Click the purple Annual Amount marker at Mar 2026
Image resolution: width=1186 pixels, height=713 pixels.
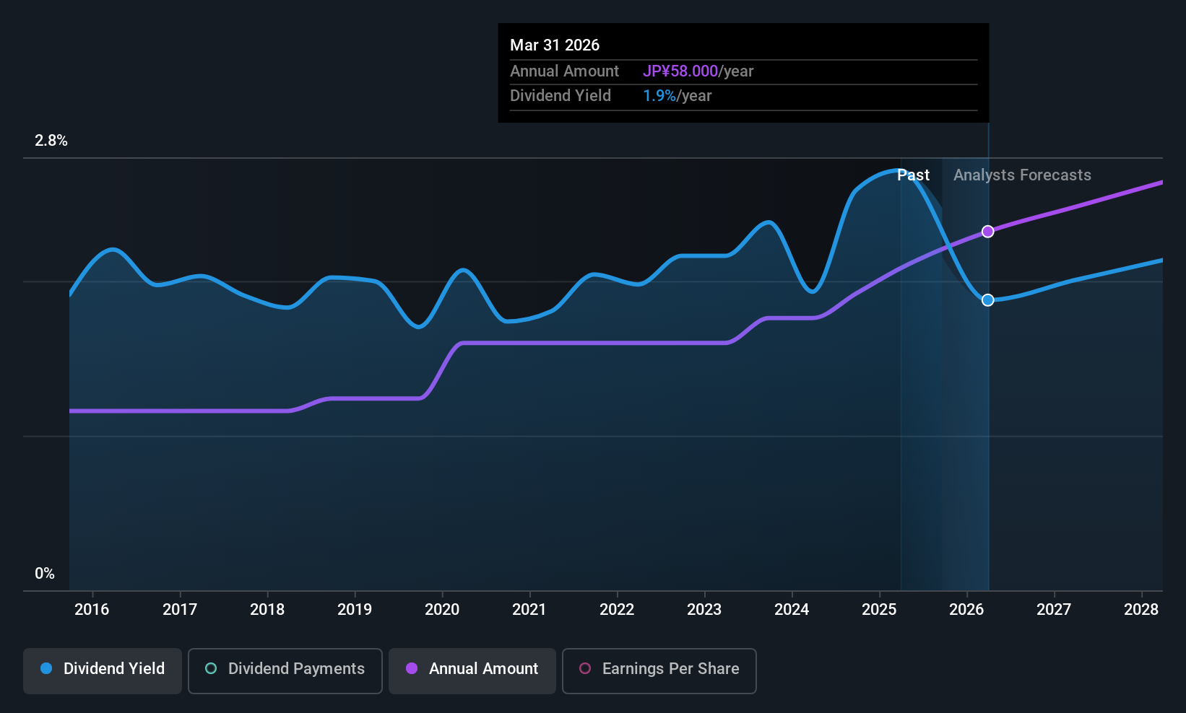click(987, 232)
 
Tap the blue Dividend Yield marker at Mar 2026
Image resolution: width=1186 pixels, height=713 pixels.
click(987, 300)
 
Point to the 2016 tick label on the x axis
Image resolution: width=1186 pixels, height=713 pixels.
click(92, 610)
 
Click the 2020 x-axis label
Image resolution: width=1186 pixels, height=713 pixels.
click(442, 610)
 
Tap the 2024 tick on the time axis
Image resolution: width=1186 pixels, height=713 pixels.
click(792, 610)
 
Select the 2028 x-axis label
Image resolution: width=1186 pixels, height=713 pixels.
click(1141, 610)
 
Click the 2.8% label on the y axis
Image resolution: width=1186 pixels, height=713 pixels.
click(51, 141)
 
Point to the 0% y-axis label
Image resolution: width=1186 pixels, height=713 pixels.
click(45, 574)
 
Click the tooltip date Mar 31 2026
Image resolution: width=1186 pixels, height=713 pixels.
click(555, 45)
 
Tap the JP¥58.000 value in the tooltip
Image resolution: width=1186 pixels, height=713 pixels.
click(680, 71)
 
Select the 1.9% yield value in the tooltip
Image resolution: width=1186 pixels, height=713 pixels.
click(659, 96)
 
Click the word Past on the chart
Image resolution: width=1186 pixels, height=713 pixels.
click(913, 175)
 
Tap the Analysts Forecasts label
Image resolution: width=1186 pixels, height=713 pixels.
click(1022, 175)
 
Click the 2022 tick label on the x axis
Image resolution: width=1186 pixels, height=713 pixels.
click(617, 610)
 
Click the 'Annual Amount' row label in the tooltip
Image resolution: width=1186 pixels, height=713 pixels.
click(564, 71)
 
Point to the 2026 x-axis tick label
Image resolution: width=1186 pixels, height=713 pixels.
click(966, 610)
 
